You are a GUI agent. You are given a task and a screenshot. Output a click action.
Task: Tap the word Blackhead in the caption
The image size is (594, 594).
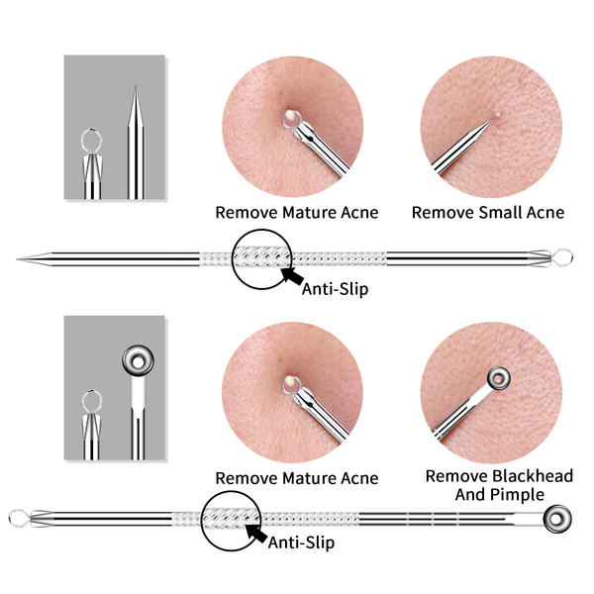click(x=533, y=476)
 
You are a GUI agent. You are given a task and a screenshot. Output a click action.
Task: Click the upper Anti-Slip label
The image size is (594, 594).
click(x=335, y=289)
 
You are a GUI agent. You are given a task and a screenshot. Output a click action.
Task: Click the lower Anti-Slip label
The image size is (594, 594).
click(x=301, y=543)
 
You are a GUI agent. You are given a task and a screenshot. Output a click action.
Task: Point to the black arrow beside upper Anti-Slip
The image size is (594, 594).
click(x=293, y=276)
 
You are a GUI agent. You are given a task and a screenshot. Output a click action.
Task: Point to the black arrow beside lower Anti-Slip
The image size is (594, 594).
click(x=256, y=533)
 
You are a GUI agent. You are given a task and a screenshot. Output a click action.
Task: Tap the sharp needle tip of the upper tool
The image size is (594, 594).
click(x=17, y=259)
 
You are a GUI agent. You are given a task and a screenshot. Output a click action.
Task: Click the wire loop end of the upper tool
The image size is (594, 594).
click(x=563, y=257)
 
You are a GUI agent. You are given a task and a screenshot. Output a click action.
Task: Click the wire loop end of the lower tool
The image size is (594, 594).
click(x=18, y=519)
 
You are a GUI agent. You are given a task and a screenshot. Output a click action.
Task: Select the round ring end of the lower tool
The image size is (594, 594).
click(x=557, y=519)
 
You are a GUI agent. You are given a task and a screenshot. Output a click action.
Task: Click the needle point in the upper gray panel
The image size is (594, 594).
click(x=136, y=88)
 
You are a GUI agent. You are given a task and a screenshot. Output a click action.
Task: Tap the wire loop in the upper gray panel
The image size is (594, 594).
click(x=92, y=140)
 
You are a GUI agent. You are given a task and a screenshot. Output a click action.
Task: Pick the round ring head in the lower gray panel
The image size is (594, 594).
click(x=138, y=360)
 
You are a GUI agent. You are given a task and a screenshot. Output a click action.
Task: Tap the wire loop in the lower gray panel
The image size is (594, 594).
click(x=92, y=401)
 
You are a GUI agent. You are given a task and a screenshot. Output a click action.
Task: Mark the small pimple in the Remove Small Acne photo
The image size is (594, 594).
click(x=497, y=112)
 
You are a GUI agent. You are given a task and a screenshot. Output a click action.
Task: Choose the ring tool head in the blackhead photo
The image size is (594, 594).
click(x=499, y=378)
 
